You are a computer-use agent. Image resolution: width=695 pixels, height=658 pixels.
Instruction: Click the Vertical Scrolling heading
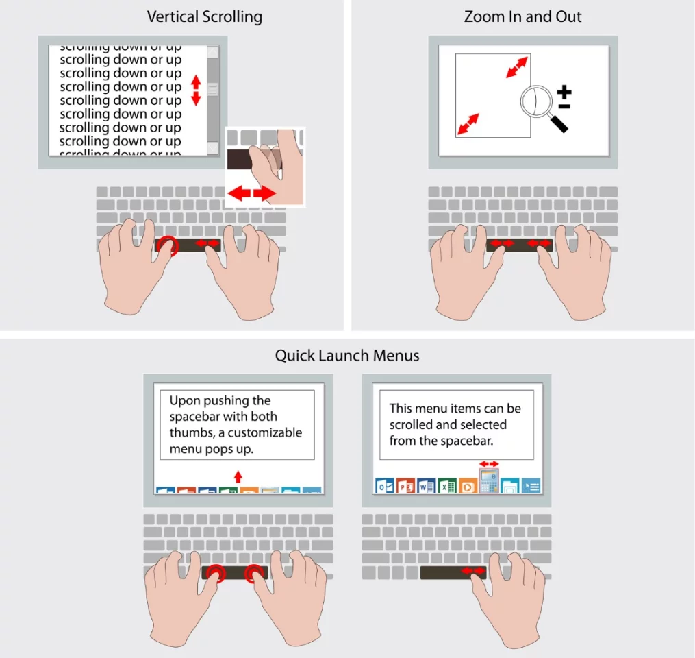(x=204, y=16)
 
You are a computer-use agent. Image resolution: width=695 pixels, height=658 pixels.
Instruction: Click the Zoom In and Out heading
(x=522, y=16)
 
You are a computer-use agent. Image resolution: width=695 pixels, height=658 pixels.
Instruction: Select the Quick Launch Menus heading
(x=347, y=355)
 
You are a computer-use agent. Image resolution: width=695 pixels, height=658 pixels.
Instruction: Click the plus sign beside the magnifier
(x=564, y=93)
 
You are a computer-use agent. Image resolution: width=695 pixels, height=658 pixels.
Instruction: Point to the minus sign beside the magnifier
(x=564, y=106)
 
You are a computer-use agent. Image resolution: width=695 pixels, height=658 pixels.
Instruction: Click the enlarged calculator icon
(x=489, y=481)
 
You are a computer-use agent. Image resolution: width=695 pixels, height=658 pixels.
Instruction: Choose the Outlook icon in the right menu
(x=384, y=486)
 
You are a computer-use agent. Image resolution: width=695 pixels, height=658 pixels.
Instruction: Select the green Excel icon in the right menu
(x=447, y=486)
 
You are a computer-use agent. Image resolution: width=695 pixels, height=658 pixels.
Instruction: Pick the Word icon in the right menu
(x=426, y=486)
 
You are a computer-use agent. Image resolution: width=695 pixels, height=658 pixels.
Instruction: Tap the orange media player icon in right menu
(x=468, y=486)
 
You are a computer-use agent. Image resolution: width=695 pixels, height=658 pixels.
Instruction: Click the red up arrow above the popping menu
(x=238, y=476)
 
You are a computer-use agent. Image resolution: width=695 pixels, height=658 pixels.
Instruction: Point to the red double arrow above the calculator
(x=489, y=464)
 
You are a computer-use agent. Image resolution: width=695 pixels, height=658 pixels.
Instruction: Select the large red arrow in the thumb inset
(x=251, y=194)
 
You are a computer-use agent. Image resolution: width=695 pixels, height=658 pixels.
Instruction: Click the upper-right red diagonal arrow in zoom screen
(x=518, y=67)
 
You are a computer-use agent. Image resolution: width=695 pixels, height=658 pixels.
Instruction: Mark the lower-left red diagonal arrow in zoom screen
(x=468, y=124)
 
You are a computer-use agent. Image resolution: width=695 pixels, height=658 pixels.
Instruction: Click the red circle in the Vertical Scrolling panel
(x=166, y=245)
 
